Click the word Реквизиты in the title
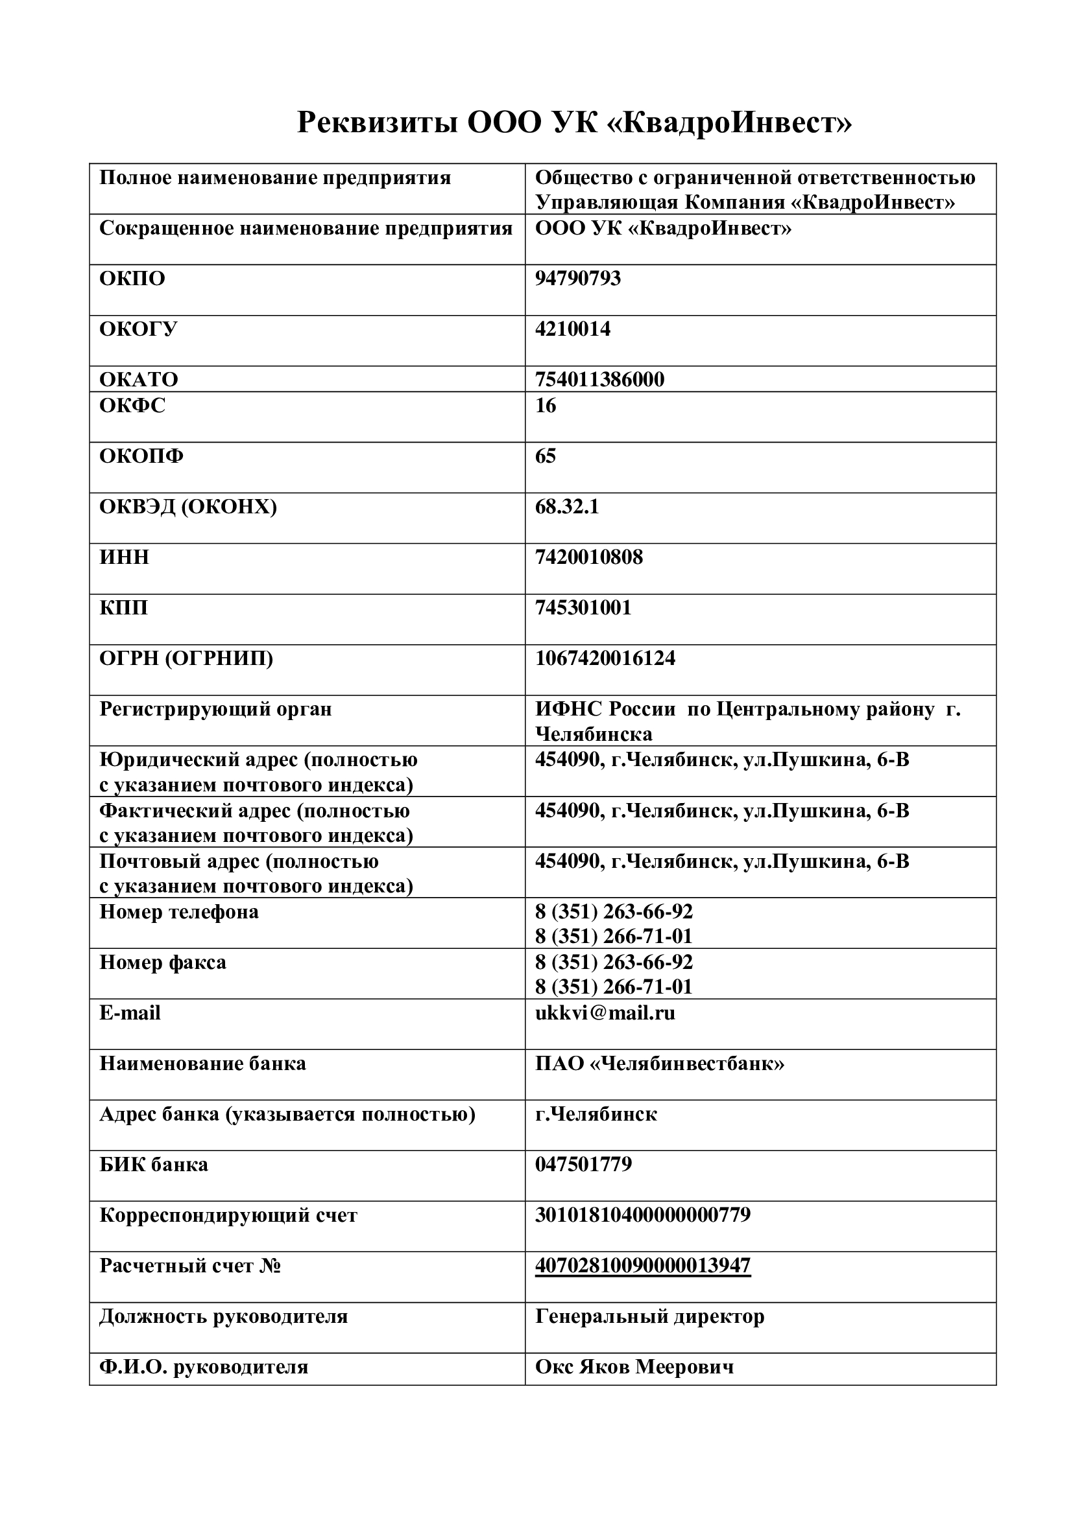tap(378, 122)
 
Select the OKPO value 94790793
tap(577, 278)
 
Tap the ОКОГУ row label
tap(138, 329)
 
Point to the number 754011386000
tap(599, 380)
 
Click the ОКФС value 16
tap(545, 405)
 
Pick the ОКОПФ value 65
tap(545, 456)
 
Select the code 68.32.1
tap(566, 507)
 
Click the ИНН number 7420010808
tap(588, 557)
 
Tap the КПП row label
tap(123, 607)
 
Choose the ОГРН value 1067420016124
tap(605, 659)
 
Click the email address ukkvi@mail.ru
tap(605, 1013)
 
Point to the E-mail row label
tap(130, 1013)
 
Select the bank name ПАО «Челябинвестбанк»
tap(659, 1064)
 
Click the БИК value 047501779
tap(583, 1164)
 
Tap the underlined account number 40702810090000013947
tap(642, 1265)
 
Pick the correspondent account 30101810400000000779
tap(642, 1215)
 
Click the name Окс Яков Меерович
tap(634, 1367)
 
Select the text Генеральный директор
tap(649, 1316)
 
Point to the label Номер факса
tap(163, 962)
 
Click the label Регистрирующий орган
tap(215, 709)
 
